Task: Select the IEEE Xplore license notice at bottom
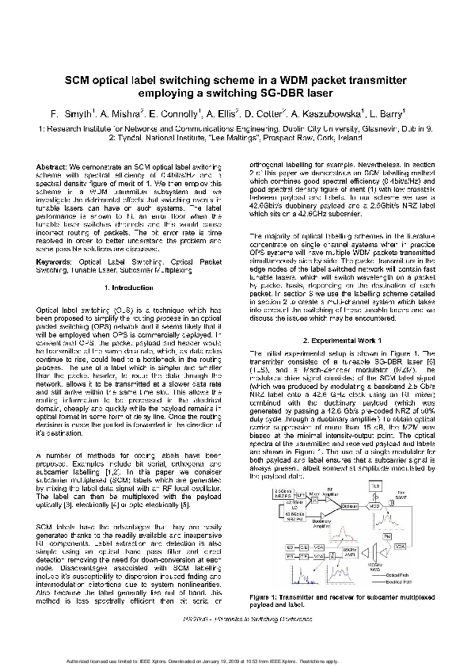[235, 660]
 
